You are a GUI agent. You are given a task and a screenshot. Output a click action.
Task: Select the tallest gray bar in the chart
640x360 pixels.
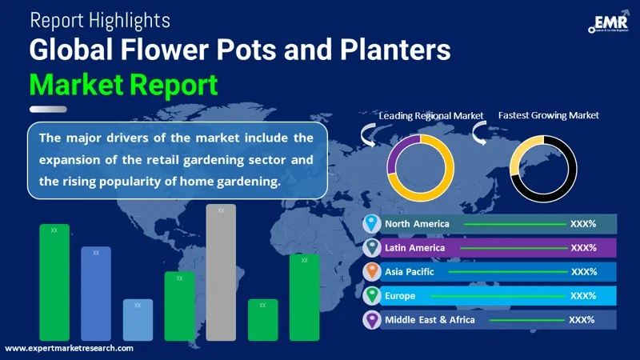221,272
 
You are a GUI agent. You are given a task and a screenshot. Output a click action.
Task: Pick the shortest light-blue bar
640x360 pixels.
138,320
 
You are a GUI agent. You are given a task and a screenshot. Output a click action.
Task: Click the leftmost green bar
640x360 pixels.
54,282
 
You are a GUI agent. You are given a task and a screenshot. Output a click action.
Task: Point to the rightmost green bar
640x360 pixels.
304,297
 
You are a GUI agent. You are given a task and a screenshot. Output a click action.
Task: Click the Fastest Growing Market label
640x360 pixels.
548,115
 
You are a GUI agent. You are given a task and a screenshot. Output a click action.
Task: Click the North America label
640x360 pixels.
417,224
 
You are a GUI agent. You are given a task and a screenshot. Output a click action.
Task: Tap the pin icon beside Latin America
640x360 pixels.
371,248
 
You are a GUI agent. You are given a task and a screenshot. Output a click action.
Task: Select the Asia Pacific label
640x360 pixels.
410,272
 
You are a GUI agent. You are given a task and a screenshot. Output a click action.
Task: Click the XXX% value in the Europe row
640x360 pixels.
583,296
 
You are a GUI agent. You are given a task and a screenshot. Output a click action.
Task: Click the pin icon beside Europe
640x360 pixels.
371,296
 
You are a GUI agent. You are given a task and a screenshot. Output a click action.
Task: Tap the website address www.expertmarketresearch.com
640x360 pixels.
69,349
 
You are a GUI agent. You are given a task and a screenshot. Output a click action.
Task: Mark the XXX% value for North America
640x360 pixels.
583,224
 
